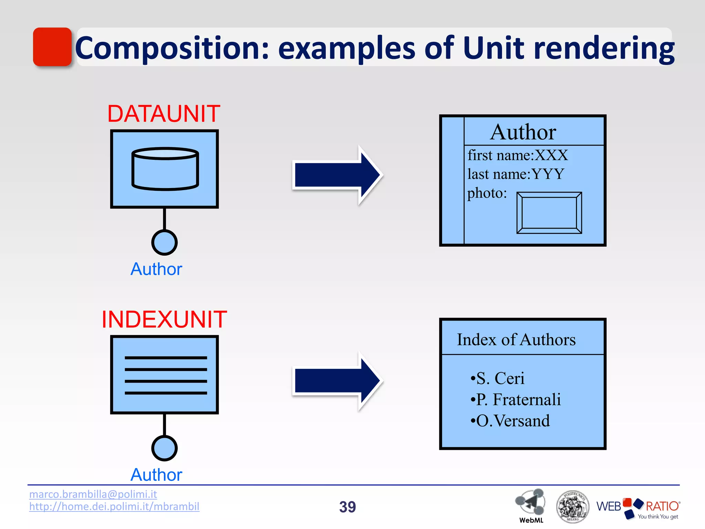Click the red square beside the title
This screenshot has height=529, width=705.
52,47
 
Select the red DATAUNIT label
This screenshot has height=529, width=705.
164,114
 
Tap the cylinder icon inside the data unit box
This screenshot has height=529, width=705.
165,169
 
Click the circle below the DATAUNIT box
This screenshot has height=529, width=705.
165,242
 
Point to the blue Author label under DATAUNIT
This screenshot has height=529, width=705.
156,269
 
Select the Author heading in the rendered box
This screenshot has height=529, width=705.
523,132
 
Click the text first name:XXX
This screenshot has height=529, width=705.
518,155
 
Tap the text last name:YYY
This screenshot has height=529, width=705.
516,174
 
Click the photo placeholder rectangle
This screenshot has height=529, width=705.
549,213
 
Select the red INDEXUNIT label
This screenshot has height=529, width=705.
164,320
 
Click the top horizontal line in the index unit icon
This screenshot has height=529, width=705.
166,358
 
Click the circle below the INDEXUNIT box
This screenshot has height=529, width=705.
165,448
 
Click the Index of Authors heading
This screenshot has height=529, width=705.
516,340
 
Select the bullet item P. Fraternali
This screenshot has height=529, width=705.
516,400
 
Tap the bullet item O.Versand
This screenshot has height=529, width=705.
511,421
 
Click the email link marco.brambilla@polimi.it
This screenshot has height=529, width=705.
93,494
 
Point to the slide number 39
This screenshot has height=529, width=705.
347,507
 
